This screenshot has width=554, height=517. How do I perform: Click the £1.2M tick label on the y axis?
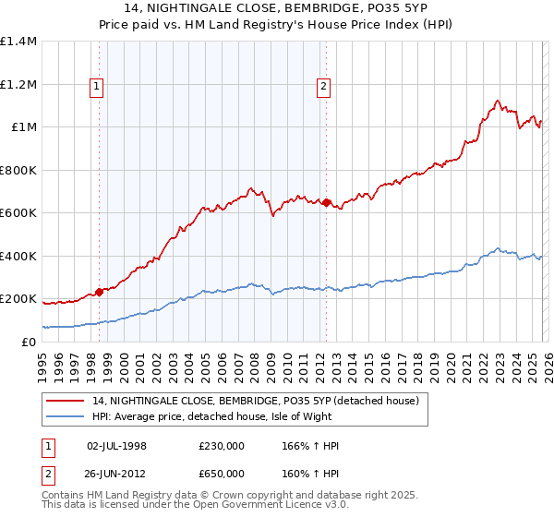18,84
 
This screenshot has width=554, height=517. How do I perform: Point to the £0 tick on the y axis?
30,342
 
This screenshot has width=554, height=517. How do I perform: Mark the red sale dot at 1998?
100,292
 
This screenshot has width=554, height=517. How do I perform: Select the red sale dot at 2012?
326,202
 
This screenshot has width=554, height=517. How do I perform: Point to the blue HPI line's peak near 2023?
498,247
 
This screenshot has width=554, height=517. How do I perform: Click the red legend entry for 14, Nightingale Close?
256,401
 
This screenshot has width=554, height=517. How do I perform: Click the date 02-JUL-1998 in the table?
116,446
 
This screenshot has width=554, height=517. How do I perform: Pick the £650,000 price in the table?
221,472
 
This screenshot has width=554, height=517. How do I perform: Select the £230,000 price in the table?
221,446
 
